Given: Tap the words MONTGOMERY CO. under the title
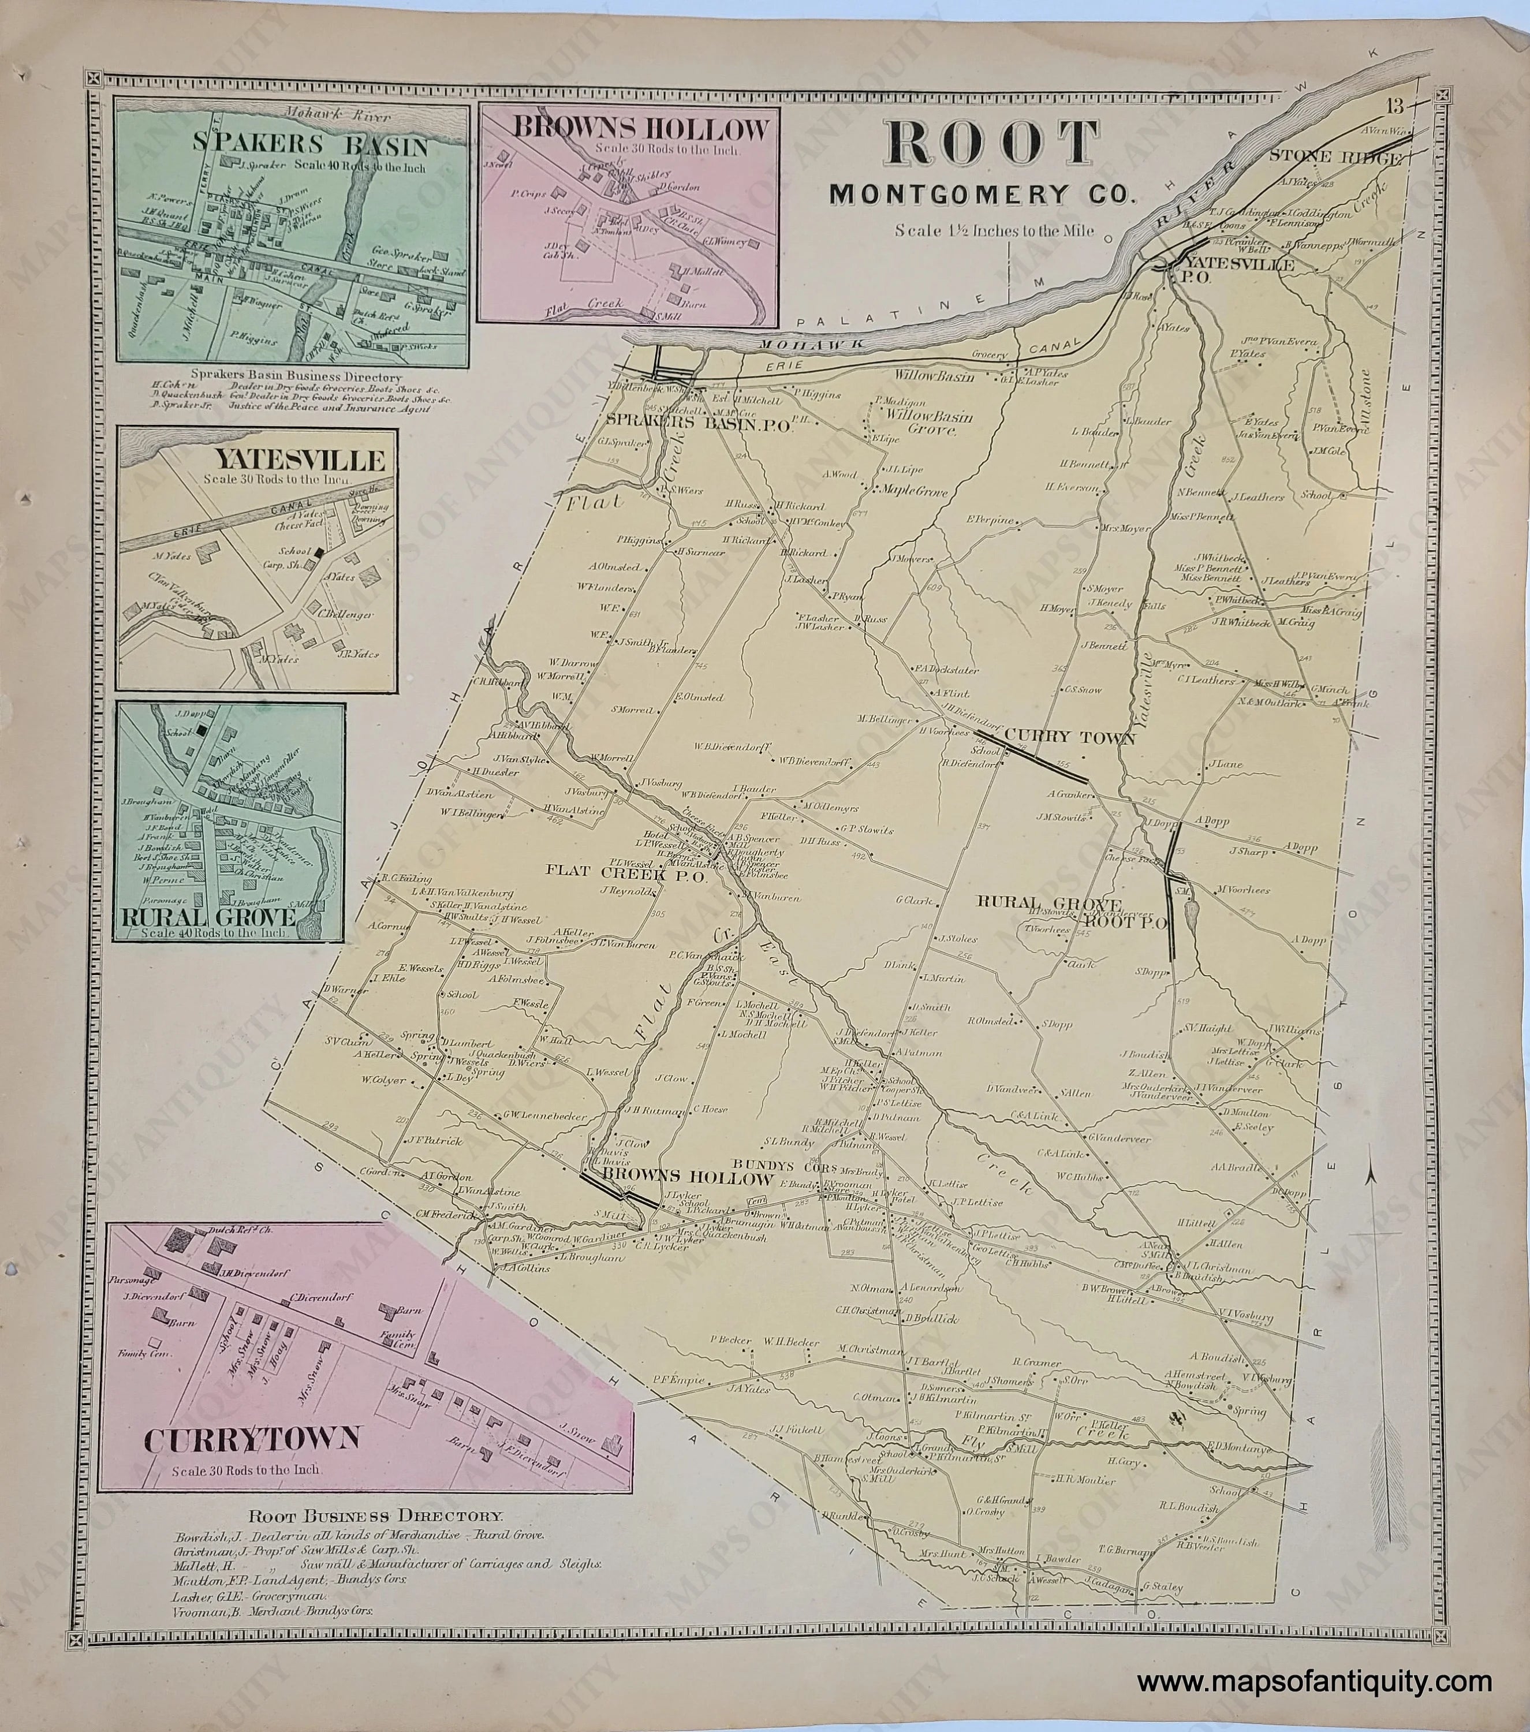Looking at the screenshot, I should pos(980,195).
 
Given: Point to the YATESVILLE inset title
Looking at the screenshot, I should pos(300,461).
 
